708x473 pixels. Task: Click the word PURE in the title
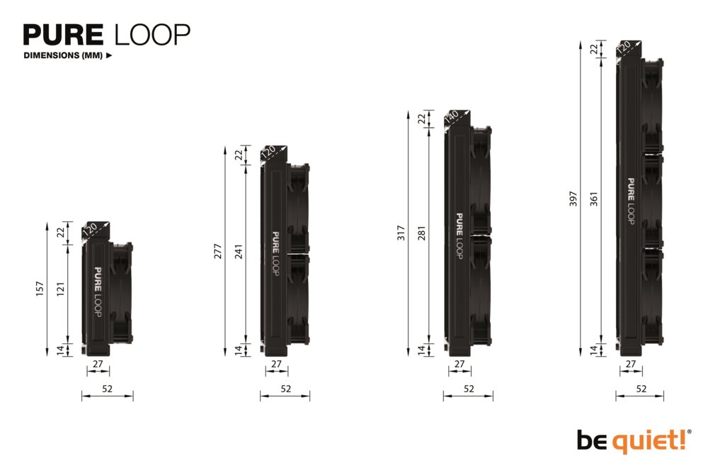(64, 35)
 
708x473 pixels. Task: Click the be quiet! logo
(632, 440)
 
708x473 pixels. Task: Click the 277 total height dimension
(219, 251)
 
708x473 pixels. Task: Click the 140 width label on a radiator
(452, 118)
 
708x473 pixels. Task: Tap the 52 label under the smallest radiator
(107, 389)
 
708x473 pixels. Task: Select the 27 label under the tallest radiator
(630, 364)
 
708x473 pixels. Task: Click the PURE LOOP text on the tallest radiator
(629, 201)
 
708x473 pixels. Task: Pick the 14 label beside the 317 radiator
(423, 349)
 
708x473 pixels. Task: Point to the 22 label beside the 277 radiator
(239, 154)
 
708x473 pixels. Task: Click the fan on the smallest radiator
(121, 292)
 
